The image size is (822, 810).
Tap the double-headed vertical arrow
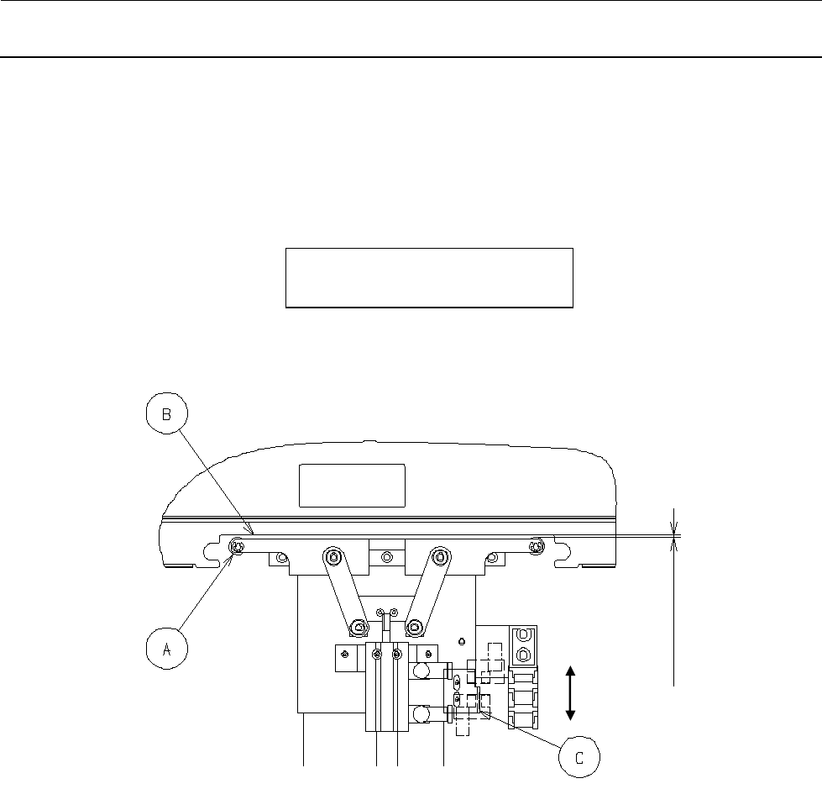(x=570, y=692)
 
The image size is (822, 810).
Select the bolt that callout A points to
(x=238, y=548)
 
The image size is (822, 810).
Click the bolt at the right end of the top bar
(x=537, y=548)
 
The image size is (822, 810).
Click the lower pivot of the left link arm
(x=358, y=626)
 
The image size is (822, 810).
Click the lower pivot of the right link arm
(x=414, y=626)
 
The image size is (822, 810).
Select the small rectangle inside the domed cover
(x=353, y=485)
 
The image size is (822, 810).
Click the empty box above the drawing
(x=429, y=277)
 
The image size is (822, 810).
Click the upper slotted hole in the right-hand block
(x=523, y=634)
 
